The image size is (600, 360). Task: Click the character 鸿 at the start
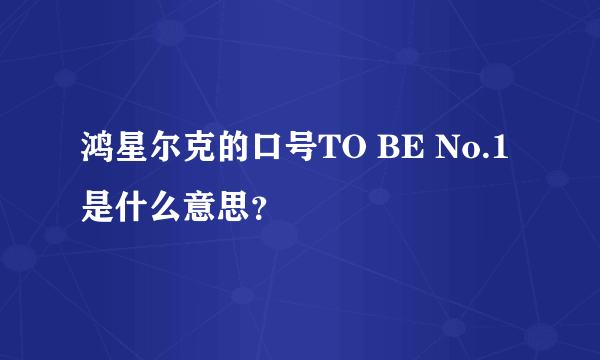tap(99, 151)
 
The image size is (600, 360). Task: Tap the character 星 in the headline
tap(133, 151)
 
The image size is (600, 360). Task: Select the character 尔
tap(167, 151)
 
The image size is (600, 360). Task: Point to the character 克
tap(201, 151)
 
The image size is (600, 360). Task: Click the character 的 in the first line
tap(235, 151)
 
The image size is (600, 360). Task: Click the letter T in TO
tap(331, 151)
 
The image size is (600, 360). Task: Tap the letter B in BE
tap(389, 151)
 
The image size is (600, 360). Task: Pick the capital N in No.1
tap(448, 151)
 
